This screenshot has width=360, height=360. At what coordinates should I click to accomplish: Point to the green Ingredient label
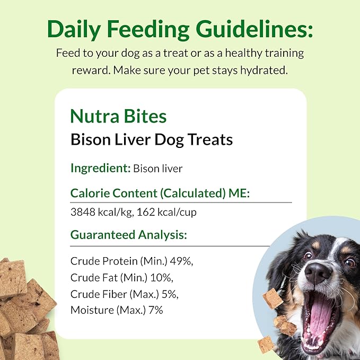point(100,169)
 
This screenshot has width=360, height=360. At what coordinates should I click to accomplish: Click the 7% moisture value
point(156,310)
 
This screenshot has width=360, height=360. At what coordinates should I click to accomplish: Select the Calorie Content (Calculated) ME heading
point(160,194)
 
